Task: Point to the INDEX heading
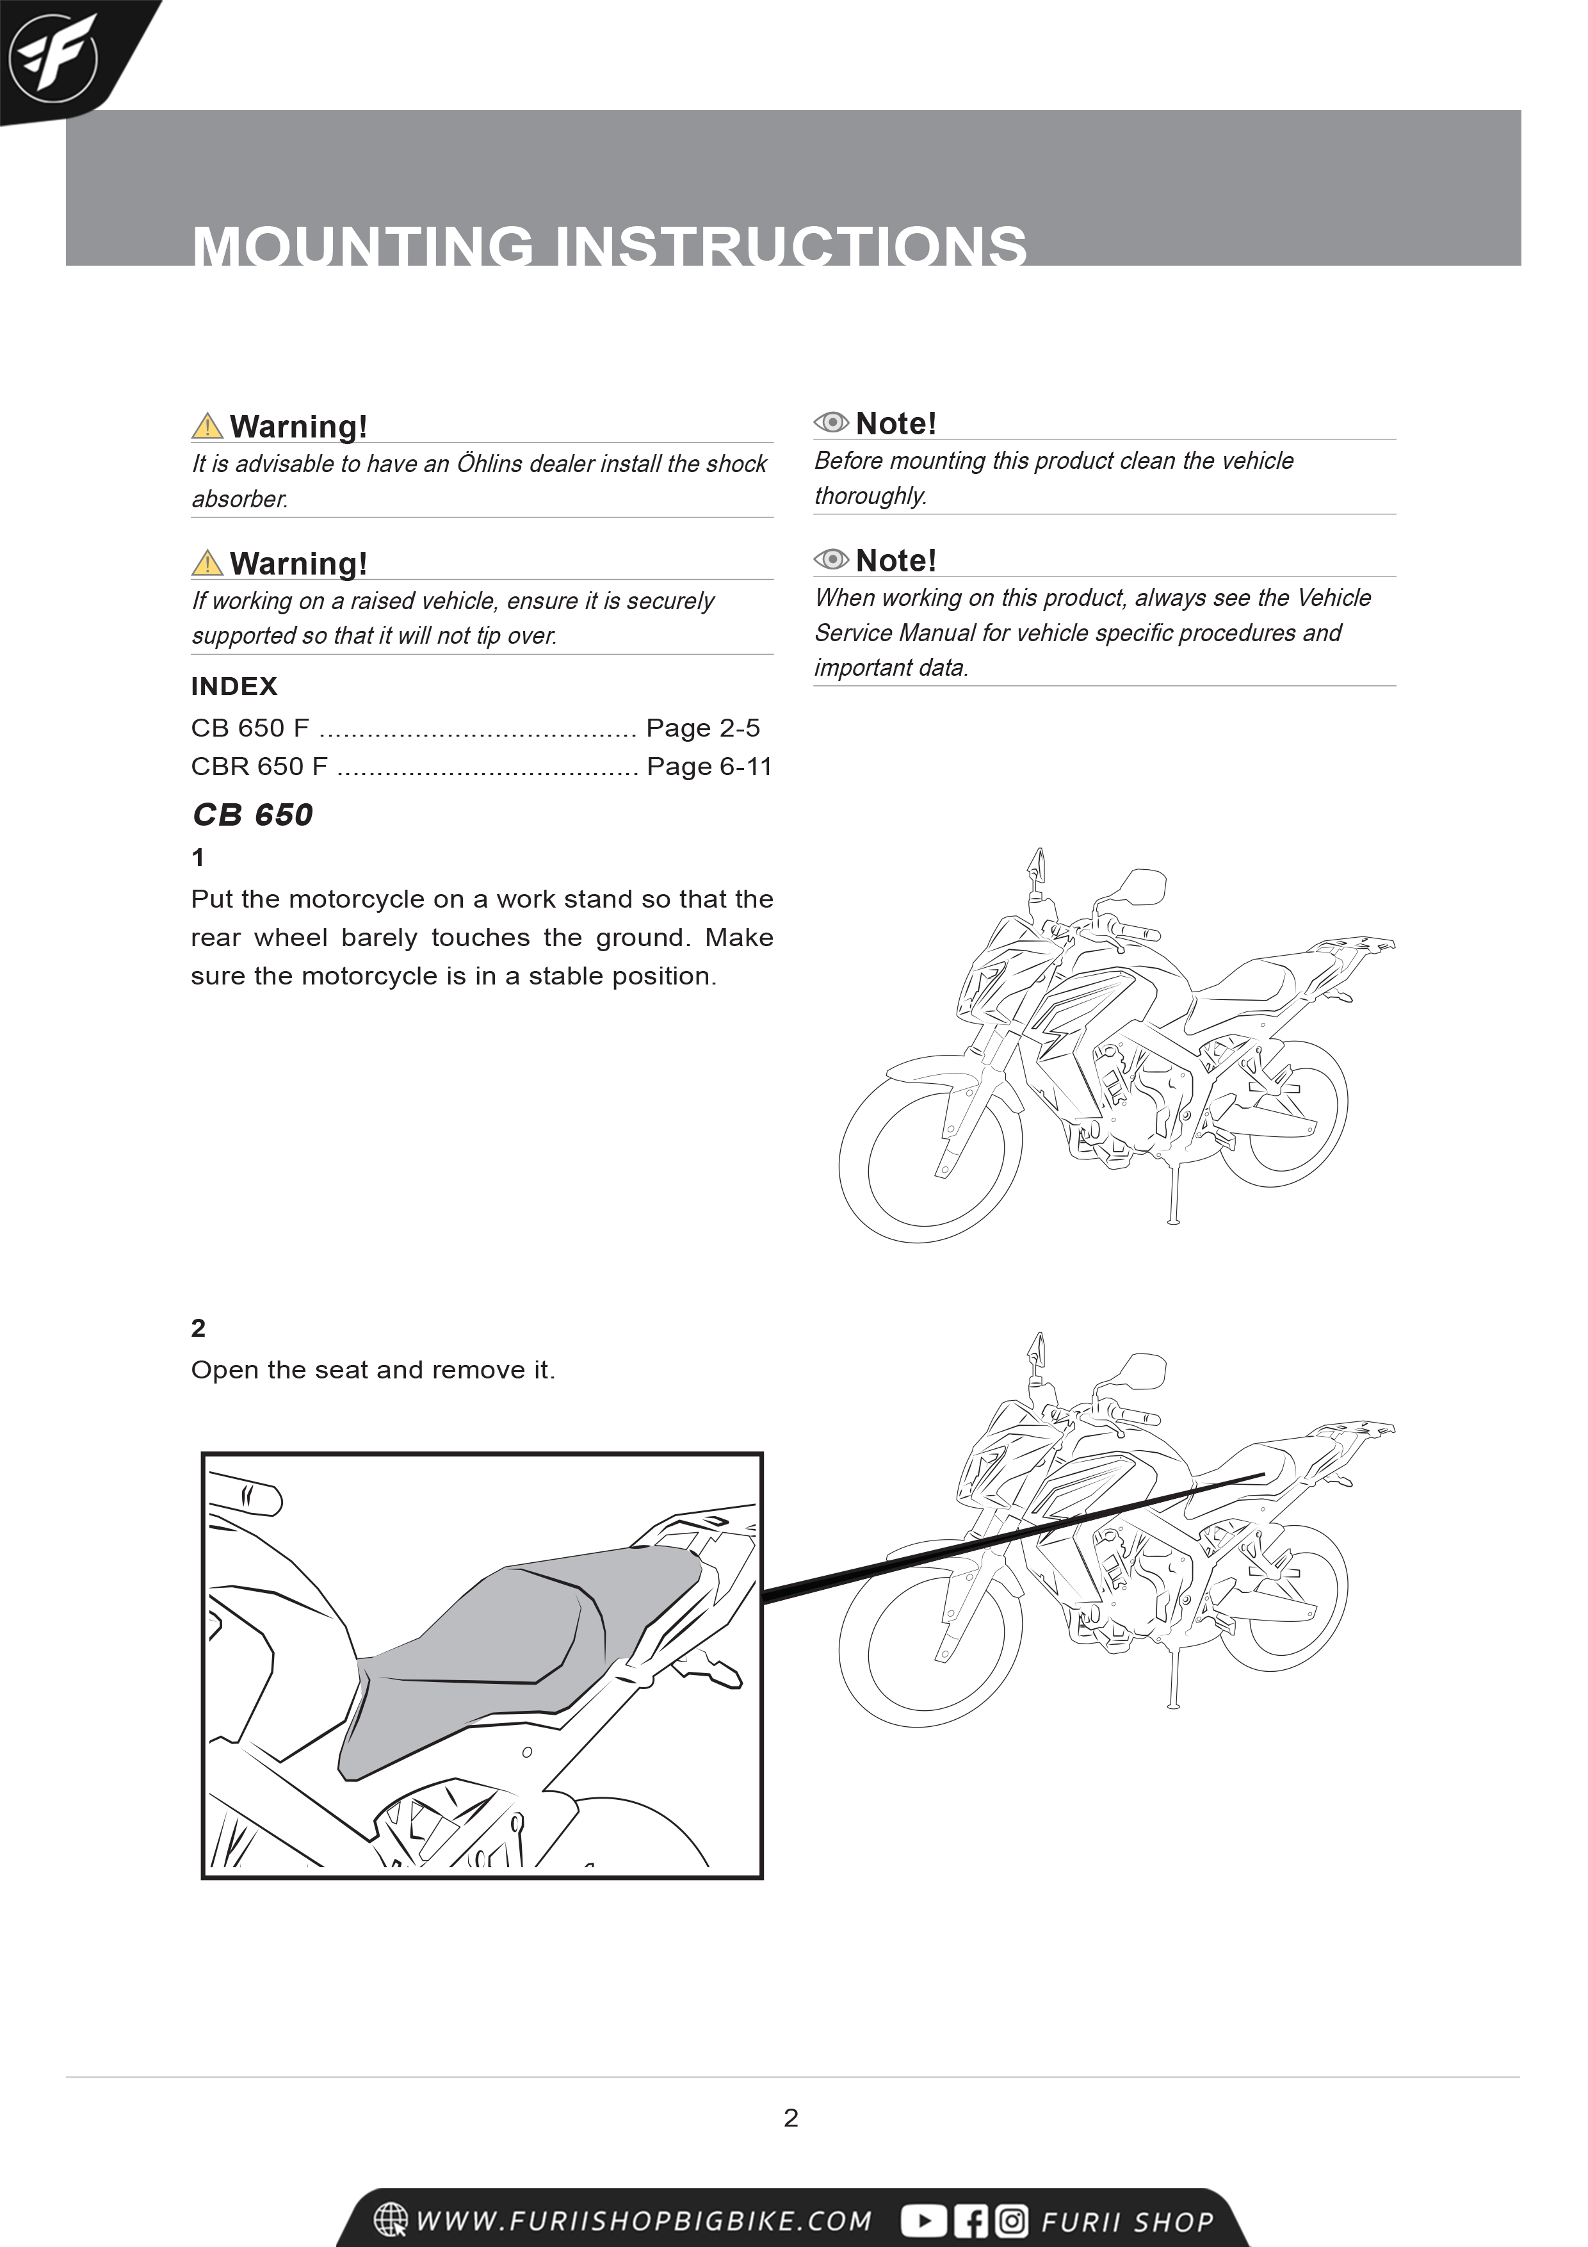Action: (234, 686)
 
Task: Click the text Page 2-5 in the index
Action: (702, 728)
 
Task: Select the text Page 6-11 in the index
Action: (709, 766)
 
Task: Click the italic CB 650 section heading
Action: (252, 814)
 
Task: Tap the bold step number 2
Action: (198, 1328)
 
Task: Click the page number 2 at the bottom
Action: (791, 2118)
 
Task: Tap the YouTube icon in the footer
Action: (923, 2221)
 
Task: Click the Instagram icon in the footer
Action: (1012, 2221)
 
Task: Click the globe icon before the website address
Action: (391, 2219)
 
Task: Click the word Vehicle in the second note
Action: (1334, 598)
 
